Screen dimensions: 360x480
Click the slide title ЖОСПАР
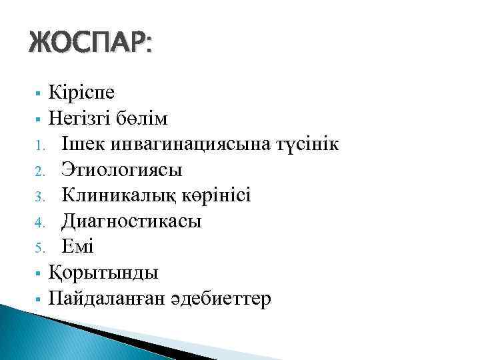coord(90,45)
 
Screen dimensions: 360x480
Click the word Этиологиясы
coord(121,170)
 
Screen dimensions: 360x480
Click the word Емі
coord(78,247)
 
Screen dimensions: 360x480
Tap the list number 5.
coord(39,249)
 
